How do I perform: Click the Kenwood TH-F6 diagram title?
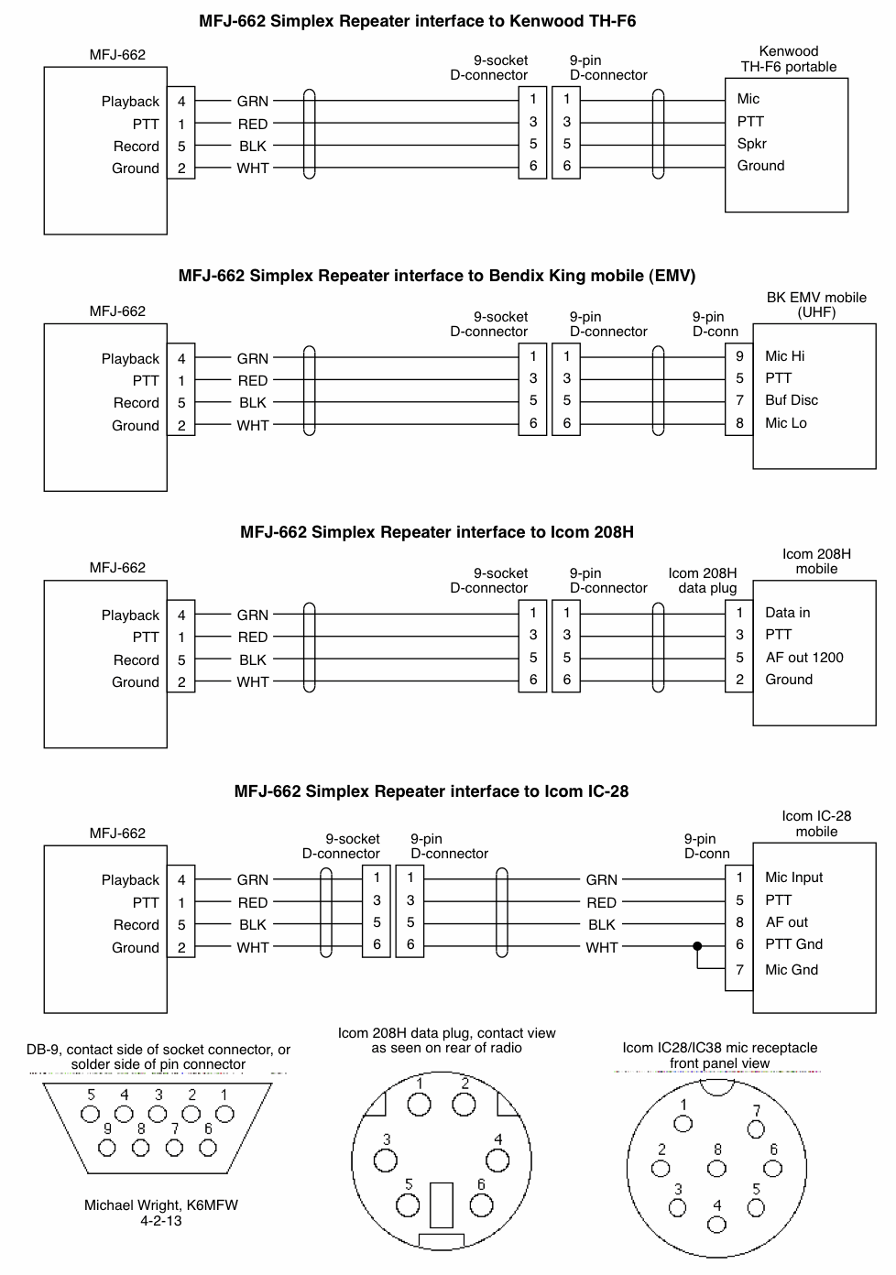pyautogui.click(x=417, y=20)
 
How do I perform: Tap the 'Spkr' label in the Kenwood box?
pyautogui.click(x=751, y=144)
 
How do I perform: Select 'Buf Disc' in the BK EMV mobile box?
pyautogui.click(x=792, y=400)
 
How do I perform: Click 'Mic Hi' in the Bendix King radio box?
pyautogui.click(x=785, y=356)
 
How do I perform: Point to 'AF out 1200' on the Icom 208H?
pyautogui.click(x=804, y=658)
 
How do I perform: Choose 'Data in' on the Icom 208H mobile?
pyautogui.click(x=788, y=613)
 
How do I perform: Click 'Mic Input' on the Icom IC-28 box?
pyautogui.click(x=794, y=877)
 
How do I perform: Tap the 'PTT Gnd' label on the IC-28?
pyautogui.click(x=794, y=944)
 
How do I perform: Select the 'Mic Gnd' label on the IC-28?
pyautogui.click(x=792, y=970)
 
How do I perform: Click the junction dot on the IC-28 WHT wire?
pyautogui.click(x=697, y=946)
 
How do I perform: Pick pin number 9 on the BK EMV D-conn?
pyautogui.click(x=739, y=356)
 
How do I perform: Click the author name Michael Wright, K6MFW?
pyautogui.click(x=161, y=1205)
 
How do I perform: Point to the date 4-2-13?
pyautogui.click(x=161, y=1221)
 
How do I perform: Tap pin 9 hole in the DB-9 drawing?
pyautogui.click(x=108, y=1147)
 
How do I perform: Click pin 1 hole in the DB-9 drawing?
pyautogui.click(x=224, y=1114)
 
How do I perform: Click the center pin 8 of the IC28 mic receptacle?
pyautogui.click(x=716, y=1168)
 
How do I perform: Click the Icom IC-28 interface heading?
pyautogui.click(x=432, y=791)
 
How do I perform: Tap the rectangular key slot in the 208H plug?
pyautogui.click(x=441, y=1205)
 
